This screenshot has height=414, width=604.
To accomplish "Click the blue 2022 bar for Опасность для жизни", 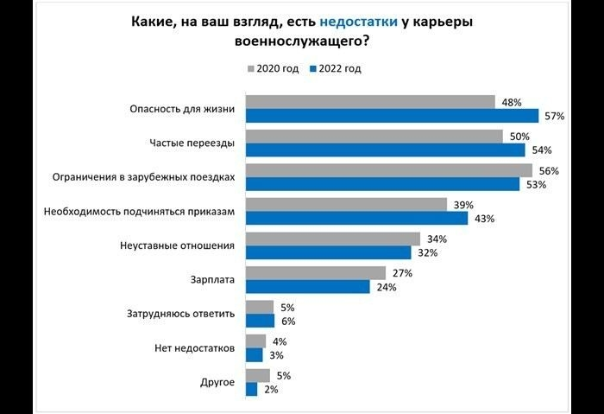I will click(393, 116).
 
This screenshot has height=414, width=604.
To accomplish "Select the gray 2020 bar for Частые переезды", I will click(374, 137).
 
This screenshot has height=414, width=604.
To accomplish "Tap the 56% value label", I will click(549, 170).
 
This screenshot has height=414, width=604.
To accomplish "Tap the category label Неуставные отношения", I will click(177, 245).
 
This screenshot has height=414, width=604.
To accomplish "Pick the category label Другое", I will click(217, 382).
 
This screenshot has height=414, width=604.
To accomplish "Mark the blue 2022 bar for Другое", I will click(251, 389).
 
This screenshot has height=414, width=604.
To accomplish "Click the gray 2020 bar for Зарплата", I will click(316, 273).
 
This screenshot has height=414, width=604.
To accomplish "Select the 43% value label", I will click(483, 219).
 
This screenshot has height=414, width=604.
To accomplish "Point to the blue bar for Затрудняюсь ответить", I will click(260, 321).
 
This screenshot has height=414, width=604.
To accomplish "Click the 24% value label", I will click(384, 287).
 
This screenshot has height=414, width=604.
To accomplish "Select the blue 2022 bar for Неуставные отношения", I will click(329, 252).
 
